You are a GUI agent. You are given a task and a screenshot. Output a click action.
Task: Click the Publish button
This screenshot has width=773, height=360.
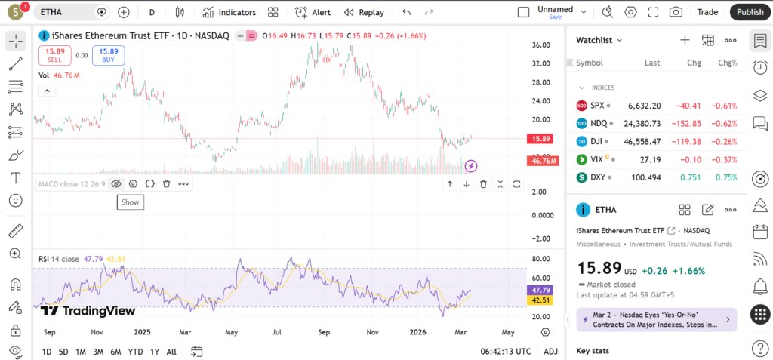tap(750, 12)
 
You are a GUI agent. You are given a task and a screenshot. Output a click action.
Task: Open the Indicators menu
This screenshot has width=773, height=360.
tap(230, 12)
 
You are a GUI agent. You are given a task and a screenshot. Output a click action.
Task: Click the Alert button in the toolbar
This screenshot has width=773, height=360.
tap(313, 12)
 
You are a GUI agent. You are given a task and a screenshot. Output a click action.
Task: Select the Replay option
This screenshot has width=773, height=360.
tap(364, 12)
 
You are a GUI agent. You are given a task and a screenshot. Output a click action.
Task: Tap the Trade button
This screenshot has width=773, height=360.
tap(707, 12)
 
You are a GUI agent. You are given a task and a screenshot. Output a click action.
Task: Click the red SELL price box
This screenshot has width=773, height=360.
tap(54, 55)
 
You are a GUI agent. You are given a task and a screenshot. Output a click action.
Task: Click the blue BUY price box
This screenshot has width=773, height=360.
tap(109, 55)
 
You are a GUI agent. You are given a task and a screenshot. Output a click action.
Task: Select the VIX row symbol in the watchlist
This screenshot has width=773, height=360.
tap(597, 159)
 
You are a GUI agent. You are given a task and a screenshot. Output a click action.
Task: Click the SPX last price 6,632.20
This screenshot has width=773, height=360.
tap(645, 106)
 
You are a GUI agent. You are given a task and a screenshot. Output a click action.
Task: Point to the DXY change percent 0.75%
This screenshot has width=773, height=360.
tap(726, 177)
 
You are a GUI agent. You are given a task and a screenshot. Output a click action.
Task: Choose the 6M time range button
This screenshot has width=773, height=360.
tap(115, 352)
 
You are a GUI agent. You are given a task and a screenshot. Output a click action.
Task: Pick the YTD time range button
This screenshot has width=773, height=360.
tap(136, 352)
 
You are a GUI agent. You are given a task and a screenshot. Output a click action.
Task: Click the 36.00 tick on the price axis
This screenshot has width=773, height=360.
tap(540, 45)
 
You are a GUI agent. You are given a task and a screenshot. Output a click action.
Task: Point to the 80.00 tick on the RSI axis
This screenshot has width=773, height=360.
tap(540, 258)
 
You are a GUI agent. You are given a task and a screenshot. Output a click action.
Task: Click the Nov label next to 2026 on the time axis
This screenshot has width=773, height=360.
tap(372, 331)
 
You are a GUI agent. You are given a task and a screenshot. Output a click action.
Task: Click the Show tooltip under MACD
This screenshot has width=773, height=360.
tap(131, 202)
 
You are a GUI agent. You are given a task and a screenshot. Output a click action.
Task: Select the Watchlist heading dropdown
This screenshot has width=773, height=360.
tap(599, 40)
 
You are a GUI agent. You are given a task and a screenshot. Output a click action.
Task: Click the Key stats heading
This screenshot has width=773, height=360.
tap(592, 351)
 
